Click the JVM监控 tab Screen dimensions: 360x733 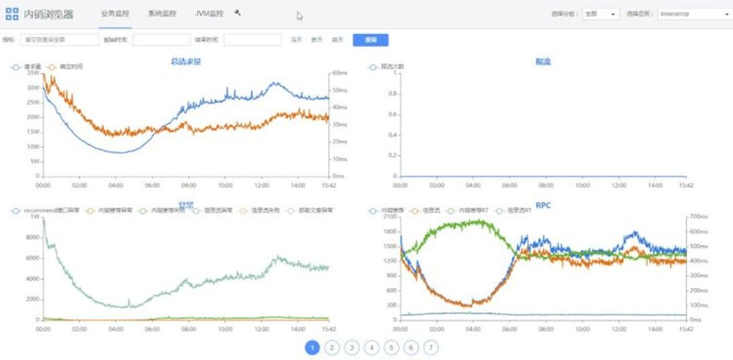tap(209, 13)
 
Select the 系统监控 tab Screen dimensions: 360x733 tap(162, 13)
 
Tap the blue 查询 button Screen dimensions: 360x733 tap(370, 40)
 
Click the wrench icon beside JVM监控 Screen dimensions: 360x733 tap(238, 12)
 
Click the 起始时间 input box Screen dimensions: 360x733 tap(161, 40)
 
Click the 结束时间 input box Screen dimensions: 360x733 tap(252, 40)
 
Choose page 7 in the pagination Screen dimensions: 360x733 tap(431, 348)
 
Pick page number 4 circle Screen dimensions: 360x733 tap(371, 348)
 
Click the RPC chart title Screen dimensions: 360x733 tap(543, 205)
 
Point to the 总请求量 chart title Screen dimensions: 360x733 tap(186, 61)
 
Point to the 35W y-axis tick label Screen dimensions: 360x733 tap(33, 73)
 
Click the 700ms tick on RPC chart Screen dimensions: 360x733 tap(698, 217)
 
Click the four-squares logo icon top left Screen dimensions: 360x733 tap(12, 13)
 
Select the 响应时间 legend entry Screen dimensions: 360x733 tap(68, 66)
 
